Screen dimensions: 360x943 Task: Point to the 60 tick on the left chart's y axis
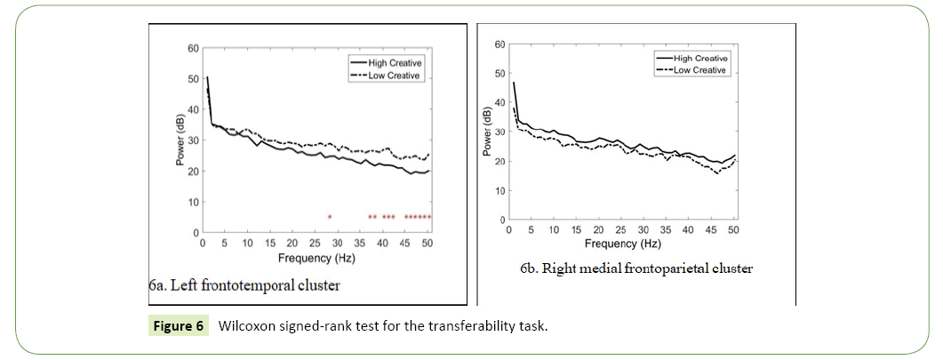[193, 48]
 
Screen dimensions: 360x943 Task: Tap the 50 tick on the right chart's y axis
[499, 74]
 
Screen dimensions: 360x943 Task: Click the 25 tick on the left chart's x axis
[315, 242]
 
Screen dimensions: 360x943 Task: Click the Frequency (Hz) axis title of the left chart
[316, 258]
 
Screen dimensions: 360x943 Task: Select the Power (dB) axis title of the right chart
[487, 132]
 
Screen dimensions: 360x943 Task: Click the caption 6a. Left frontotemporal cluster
[244, 285]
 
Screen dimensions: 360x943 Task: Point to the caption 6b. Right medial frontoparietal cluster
[636, 268]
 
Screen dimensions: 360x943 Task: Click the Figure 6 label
[176, 326]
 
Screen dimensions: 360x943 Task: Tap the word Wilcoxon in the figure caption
[251, 326]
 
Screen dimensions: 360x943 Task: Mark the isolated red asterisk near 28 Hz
[330, 217]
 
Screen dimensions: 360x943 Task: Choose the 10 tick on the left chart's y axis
[193, 203]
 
